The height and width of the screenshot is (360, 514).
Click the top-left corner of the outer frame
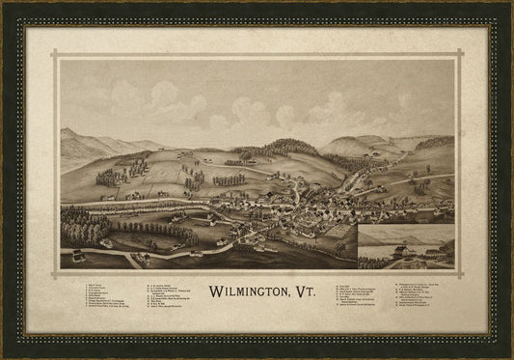coord(4,4)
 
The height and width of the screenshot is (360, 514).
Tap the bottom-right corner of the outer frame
coord(510,356)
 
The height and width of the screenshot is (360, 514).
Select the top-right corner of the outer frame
coord(510,4)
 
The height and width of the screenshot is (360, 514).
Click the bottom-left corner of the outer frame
coord(4,356)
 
